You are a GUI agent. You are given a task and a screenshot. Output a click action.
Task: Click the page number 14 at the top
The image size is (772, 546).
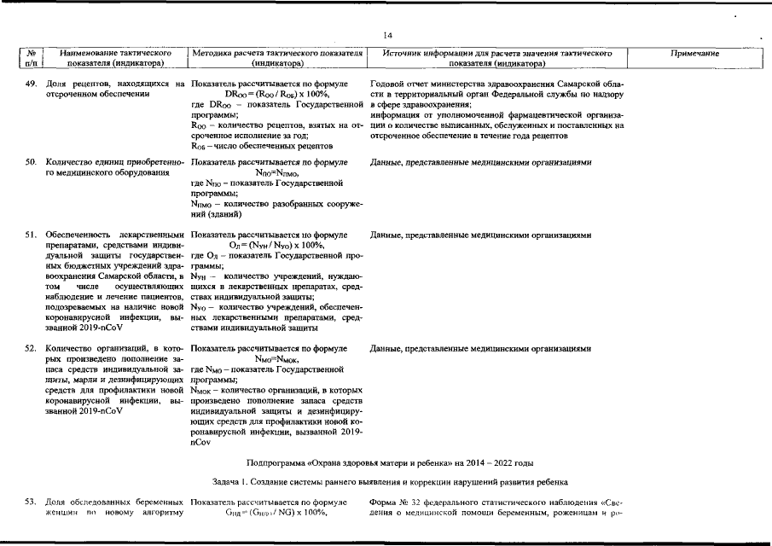coord(386,34)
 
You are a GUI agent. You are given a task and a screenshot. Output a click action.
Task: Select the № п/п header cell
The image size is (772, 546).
coord(31,58)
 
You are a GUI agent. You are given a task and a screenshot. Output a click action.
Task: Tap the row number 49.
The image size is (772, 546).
coord(31,84)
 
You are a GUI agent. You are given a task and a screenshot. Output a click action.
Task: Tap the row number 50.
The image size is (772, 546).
coord(31,161)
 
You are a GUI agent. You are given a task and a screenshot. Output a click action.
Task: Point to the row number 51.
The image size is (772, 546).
coord(31,235)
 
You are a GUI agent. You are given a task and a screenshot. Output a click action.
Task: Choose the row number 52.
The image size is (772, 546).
coord(31,349)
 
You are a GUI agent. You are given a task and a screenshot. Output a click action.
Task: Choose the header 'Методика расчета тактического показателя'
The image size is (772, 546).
coord(278,53)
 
